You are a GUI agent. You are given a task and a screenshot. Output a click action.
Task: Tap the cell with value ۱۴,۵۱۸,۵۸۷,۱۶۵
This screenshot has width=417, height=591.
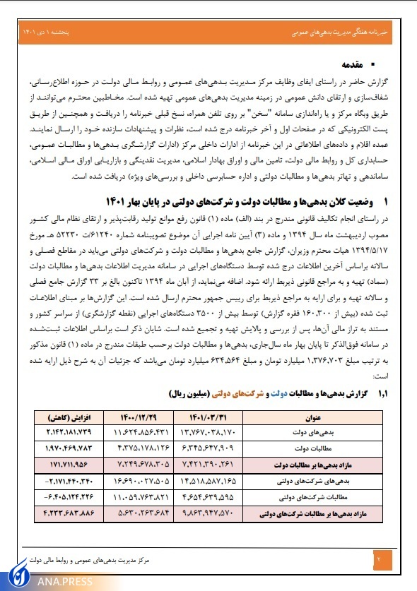(x=221, y=482)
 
